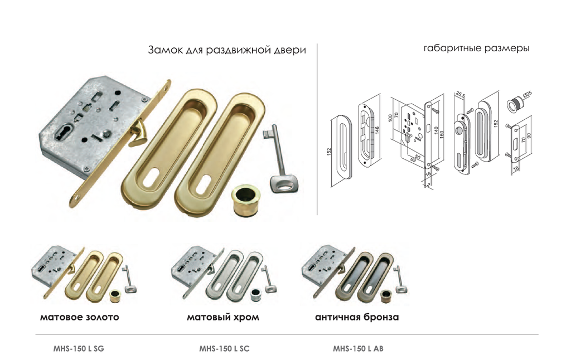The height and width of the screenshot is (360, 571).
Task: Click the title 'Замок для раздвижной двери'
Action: pyautogui.click(x=226, y=50)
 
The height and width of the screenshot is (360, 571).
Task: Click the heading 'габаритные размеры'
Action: pyautogui.click(x=476, y=48)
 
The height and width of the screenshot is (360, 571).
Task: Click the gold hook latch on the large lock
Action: pyautogui.click(x=139, y=135)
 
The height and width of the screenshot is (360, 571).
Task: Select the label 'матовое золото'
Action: pyautogui.click(x=79, y=318)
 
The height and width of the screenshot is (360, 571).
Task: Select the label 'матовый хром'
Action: pyautogui.click(x=222, y=318)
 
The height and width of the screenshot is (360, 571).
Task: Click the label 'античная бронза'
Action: pyautogui.click(x=357, y=318)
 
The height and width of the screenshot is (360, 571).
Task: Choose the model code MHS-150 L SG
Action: pyautogui.click(x=78, y=349)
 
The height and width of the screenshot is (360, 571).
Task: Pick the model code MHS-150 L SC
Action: pyautogui.click(x=224, y=349)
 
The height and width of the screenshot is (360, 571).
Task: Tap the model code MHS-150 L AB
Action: pyautogui.click(x=358, y=349)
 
